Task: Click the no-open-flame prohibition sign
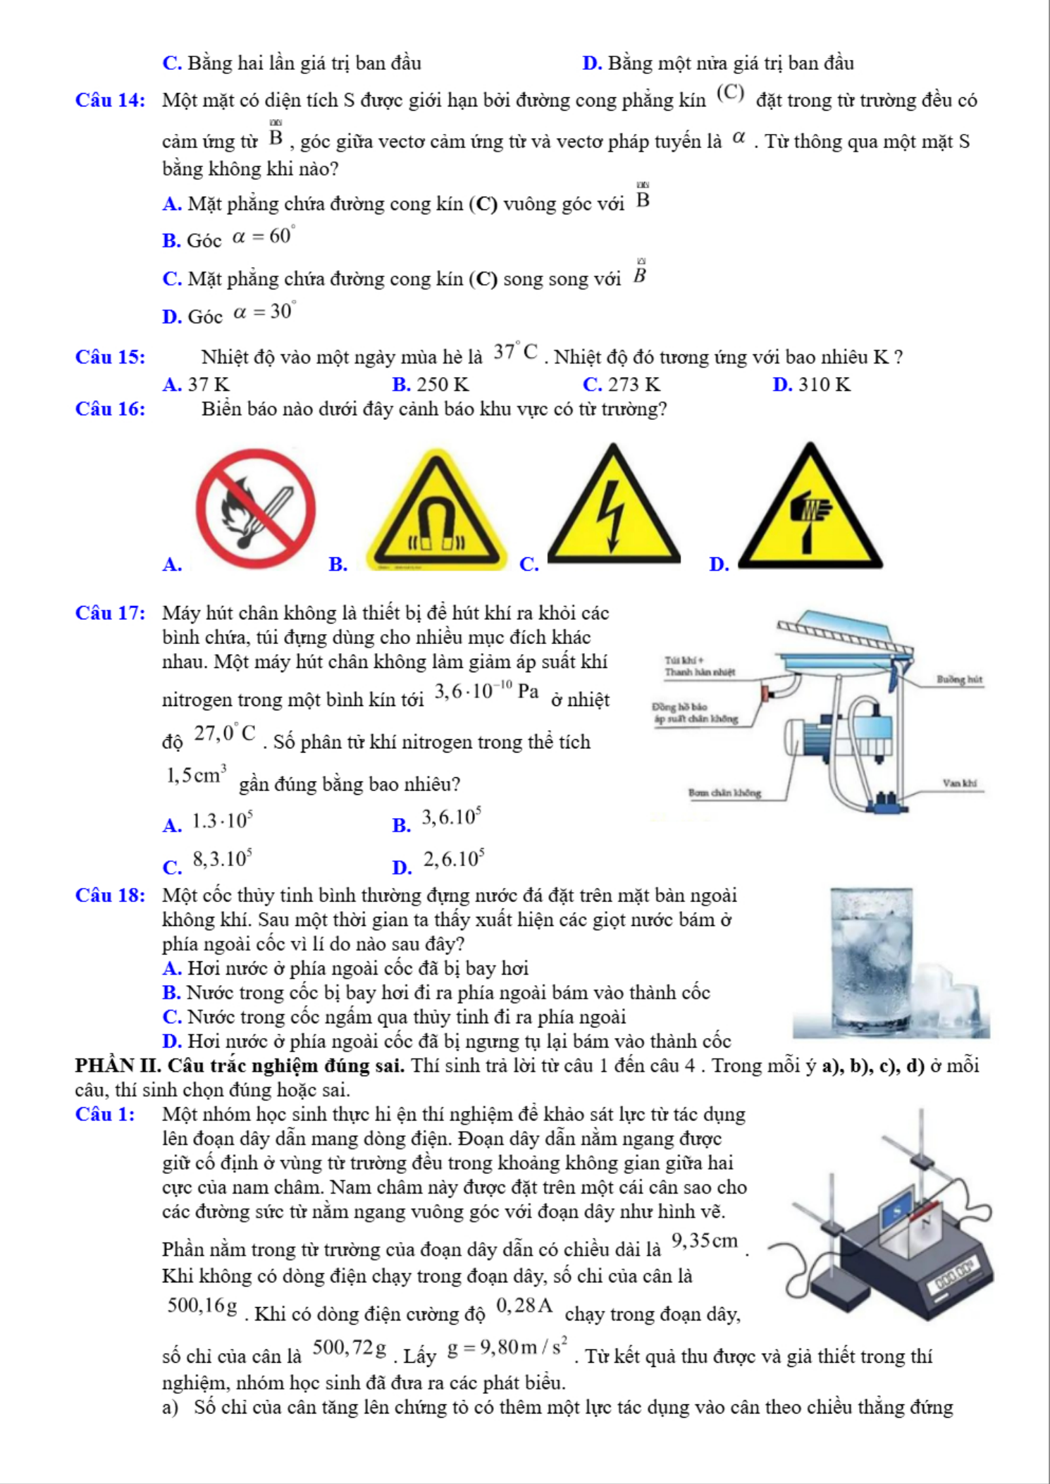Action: pyautogui.click(x=255, y=508)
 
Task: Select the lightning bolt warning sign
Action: pyautogui.click(x=613, y=512)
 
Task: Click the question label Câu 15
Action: pyautogui.click(x=111, y=357)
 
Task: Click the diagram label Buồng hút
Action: pyautogui.click(x=959, y=679)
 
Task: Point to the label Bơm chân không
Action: pyautogui.click(x=724, y=793)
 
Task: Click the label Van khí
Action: pyautogui.click(x=960, y=783)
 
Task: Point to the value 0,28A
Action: pyautogui.click(x=524, y=1306)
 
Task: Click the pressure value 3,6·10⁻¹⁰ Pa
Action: pyautogui.click(x=486, y=691)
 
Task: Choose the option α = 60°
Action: pyautogui.click(x=262, y=236)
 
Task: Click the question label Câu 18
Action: pyautogui.click(x=111, y=896)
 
